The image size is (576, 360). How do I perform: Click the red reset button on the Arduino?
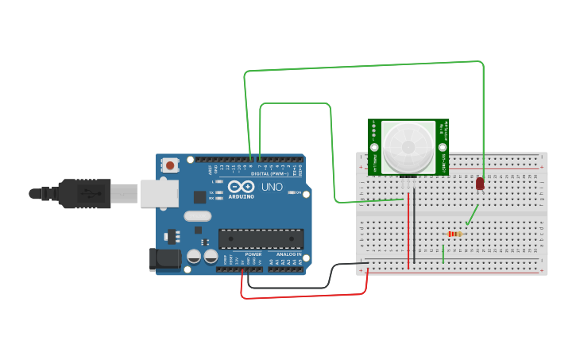170,165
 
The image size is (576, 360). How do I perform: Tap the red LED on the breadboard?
480,184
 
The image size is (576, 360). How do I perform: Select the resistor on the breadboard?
455,234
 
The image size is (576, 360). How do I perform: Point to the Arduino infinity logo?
241,187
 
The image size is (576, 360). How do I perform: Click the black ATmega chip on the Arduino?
261,238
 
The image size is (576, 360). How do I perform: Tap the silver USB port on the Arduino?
159,193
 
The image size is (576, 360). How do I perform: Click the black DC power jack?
164,258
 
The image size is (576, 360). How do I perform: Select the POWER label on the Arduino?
253,254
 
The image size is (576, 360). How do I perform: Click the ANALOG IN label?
288,254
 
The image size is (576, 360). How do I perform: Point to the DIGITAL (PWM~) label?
269,173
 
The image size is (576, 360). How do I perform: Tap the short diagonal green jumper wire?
473,215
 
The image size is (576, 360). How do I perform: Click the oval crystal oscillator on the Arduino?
198,216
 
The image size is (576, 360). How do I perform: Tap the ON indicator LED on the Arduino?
305,193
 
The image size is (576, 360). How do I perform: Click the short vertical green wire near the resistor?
443,254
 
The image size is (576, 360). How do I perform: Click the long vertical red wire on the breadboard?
408,230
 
